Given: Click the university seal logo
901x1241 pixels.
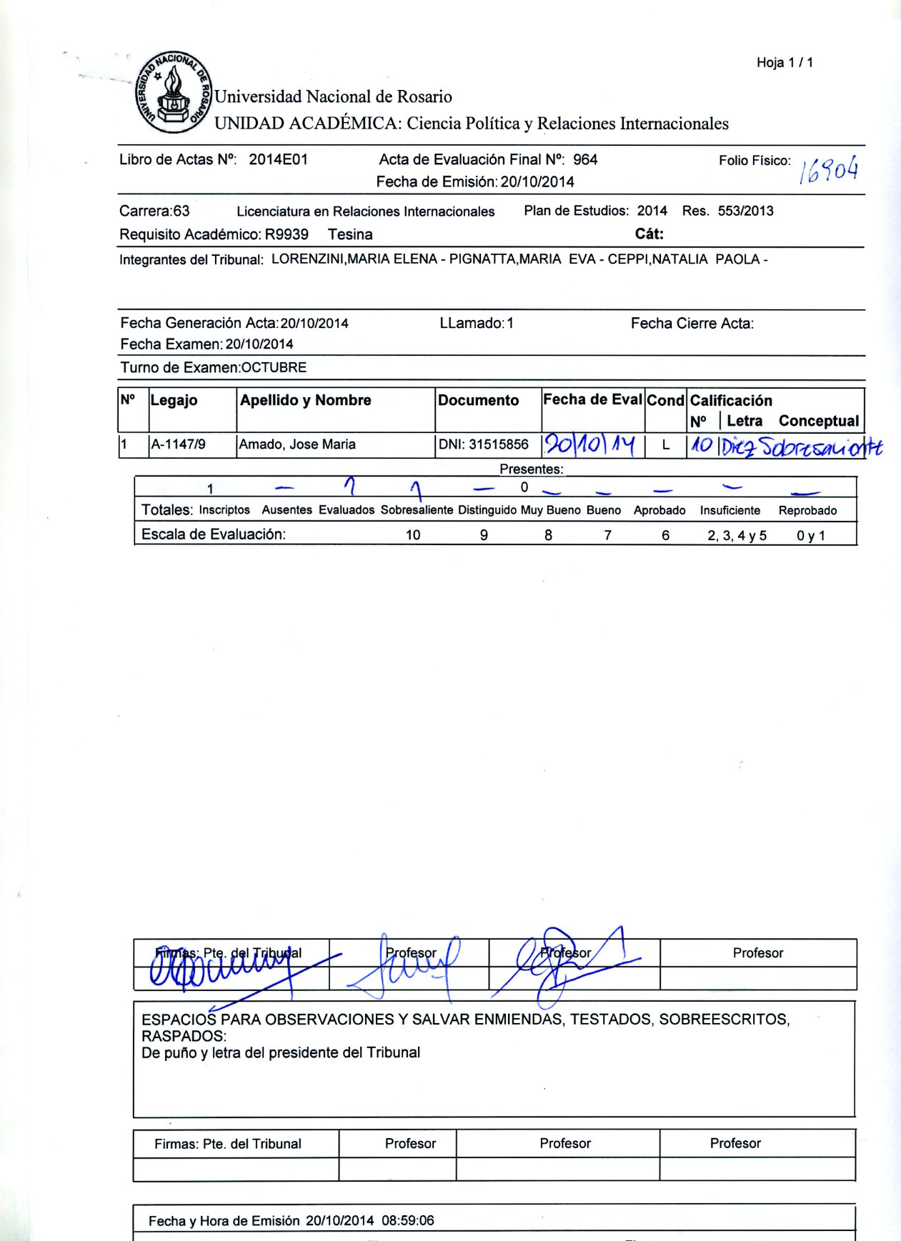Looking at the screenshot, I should tap(172, 92).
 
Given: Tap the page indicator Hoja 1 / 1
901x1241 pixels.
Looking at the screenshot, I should tap(785, 63).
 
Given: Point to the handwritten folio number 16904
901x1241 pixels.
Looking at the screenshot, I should tap(829, 169).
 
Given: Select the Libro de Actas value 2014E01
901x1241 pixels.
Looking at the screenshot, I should tap(278, 159).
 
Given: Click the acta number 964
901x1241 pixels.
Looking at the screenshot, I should tap(585, 159).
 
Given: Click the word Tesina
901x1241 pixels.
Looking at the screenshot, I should tap(350, 234).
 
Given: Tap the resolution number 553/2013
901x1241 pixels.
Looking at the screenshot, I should tap(745, 211).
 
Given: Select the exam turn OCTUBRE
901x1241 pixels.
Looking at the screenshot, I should tap(274, 368).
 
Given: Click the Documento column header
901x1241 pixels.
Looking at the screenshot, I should tap(478, 400).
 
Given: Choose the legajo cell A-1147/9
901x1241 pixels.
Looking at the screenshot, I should tap(178, 444).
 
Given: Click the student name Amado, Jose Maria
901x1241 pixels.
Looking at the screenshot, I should tap(297, 444).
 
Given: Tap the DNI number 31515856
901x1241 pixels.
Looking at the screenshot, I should tap(498, 444).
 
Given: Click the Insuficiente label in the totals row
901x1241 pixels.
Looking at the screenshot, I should tap(730, 510).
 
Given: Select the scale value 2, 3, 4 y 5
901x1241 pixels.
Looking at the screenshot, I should tap(737, 535).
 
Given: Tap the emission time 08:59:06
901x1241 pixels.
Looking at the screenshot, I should tap(407, 1220).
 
